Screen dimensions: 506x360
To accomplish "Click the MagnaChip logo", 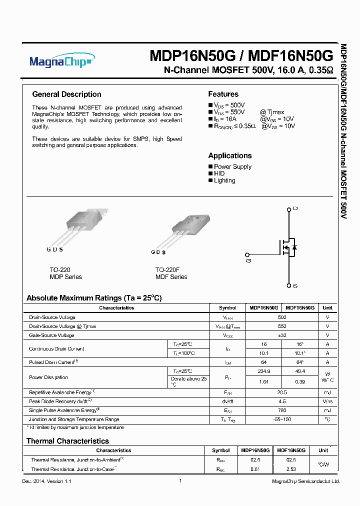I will [x=61, y=61].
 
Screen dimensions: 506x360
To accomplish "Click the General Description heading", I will [x=66, y=94].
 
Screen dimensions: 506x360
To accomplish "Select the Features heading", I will [x=223, y=94].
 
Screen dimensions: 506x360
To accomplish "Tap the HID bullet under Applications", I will [x=219, y=173].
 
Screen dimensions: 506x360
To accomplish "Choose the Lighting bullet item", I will [x=224, y=180].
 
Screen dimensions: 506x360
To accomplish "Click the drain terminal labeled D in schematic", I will [x=288, y=208].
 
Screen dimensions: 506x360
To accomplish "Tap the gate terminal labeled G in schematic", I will [x=248, y=260].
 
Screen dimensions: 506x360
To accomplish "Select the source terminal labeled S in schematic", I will [x=288, y=285].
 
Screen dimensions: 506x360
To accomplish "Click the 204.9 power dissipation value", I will [x=262, y=371].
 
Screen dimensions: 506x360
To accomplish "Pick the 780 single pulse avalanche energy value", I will [x=281, y=410].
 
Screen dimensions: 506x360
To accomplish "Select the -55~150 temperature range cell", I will [x=281, y=419].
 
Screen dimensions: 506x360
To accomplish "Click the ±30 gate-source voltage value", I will [x=281, y=335].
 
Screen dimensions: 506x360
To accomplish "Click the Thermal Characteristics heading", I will [x=67, y=441].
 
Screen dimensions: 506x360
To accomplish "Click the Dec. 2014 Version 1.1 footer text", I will [x=47, y=481].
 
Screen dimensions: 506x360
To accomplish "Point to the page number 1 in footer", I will [x=180, y=481].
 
